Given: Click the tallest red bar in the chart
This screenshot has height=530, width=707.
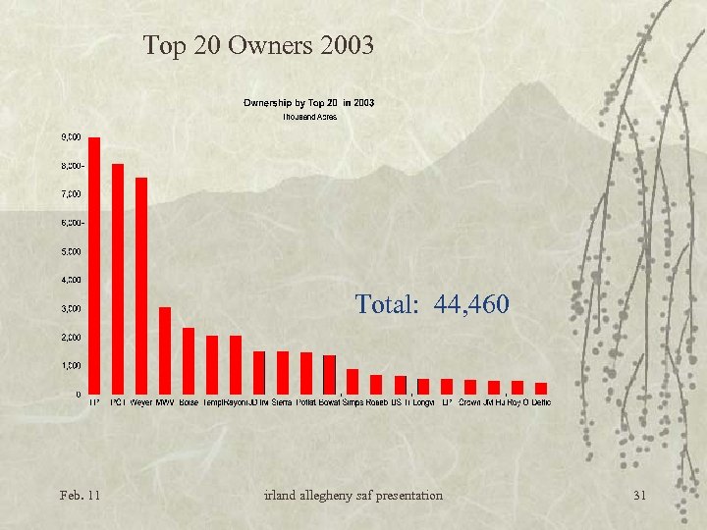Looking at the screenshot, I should click(94, 265).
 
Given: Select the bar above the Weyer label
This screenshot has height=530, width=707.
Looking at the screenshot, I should click(141, 286).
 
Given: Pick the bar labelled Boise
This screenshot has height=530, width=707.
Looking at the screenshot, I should click(189, 360).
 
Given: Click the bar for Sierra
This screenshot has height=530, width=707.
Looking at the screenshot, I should click(283, 372).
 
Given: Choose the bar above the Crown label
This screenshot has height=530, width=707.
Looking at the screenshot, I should click(470, 387).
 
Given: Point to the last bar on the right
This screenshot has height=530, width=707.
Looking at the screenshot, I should click(541, 388).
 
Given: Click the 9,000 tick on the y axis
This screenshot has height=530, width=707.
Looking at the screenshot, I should click(72, 137).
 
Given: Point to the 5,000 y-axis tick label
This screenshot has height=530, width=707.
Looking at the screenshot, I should click(72, 252).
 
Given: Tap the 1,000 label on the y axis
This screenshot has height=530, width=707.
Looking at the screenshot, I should click(72, 366).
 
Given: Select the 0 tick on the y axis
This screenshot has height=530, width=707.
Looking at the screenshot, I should click(79, 395).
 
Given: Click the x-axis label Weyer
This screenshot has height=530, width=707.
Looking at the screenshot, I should click(141, 402).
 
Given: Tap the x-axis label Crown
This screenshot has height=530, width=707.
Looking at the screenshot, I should click(470, 402).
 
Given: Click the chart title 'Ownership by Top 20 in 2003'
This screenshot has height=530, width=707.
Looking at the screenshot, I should click(308, 102).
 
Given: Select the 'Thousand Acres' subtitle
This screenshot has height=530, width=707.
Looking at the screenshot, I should click(309, 116).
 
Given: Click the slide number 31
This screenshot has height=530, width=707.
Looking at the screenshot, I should click(640, 495).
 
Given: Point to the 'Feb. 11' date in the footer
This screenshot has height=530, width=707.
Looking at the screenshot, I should click(80, 495).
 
